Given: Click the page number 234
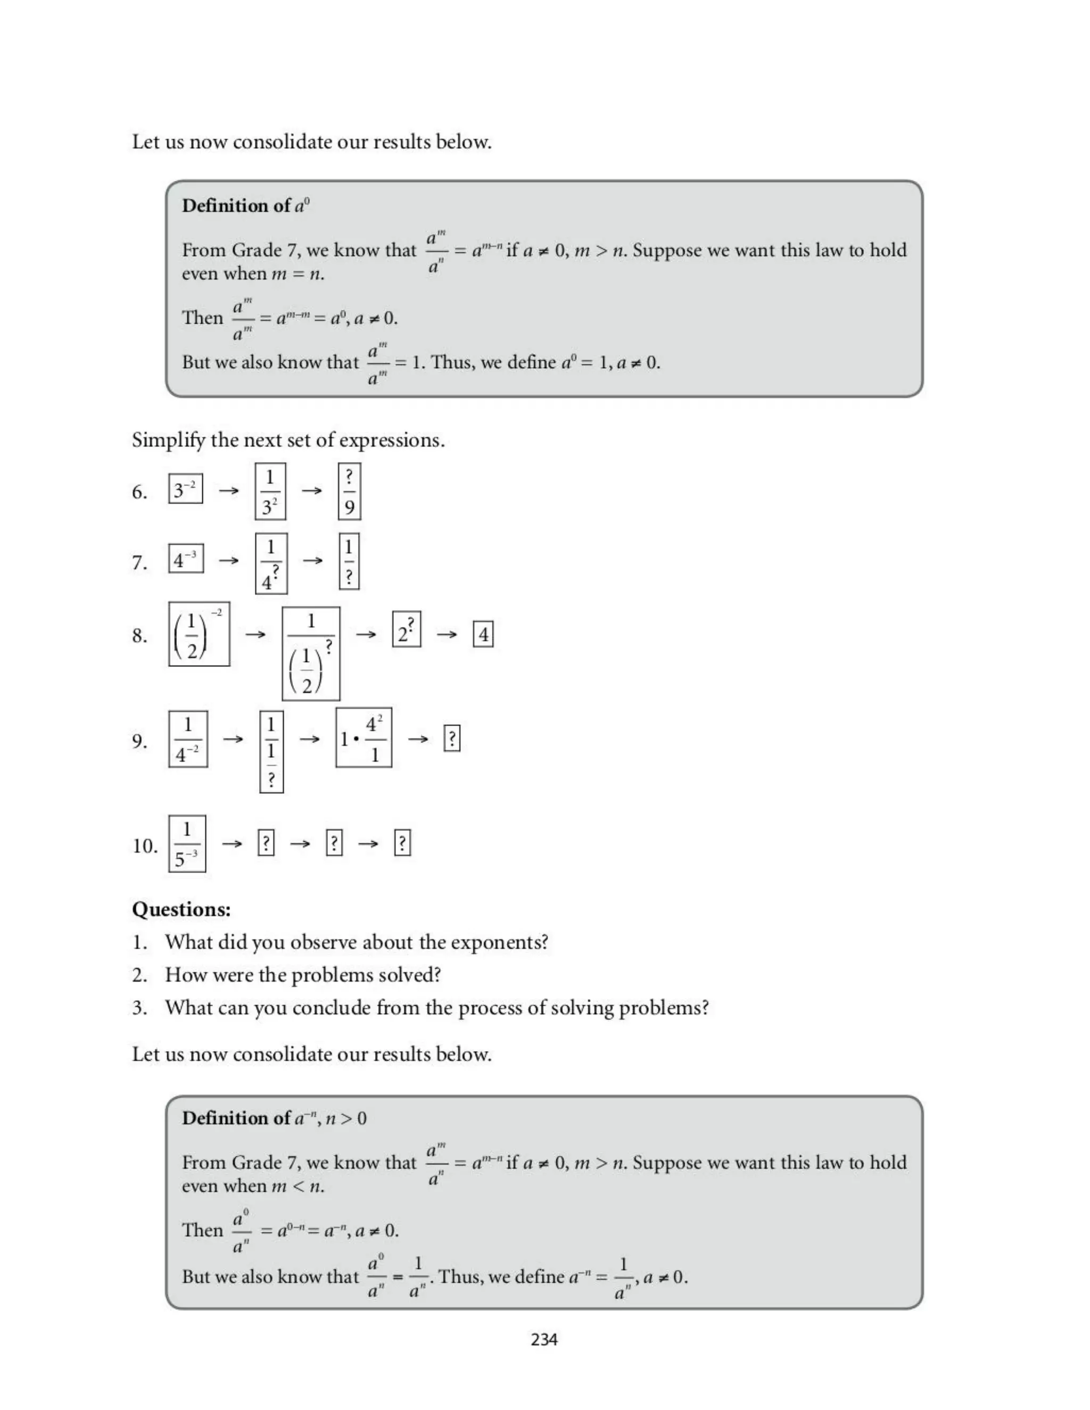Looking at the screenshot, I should tap(544, 1340).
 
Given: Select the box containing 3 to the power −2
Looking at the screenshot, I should tap(185, 489).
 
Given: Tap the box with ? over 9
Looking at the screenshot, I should tap(349, 491).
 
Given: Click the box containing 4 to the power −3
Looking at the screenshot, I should tap(186, 559).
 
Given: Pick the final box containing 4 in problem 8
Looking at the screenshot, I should tap(483, 634).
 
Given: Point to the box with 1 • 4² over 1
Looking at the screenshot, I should tap(364, 737).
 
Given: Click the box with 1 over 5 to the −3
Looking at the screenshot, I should tap(187, 844).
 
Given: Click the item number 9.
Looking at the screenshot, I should tap(139, 741).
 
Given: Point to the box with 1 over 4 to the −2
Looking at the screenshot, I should tap(188, 739).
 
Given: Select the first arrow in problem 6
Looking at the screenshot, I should tap(228, 491).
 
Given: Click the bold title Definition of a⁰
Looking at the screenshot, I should tap(245, 206).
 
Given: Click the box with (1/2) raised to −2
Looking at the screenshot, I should tap(199, 634).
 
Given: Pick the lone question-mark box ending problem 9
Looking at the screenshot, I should tap(452, 739).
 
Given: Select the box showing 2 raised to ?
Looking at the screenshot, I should tap(407, 629).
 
